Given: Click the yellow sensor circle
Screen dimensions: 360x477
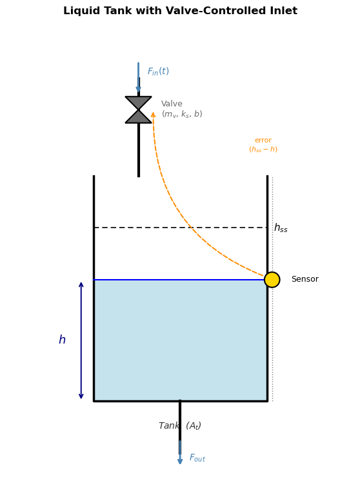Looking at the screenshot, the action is (272, 280).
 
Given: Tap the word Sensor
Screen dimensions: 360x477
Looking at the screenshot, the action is (305, 279).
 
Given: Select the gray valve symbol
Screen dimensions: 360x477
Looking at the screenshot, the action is (138, 110).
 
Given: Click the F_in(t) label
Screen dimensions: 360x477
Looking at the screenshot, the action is (158, 72).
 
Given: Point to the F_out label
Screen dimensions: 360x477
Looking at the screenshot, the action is (197, 458).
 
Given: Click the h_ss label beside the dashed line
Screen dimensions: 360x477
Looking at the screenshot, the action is (281, 228).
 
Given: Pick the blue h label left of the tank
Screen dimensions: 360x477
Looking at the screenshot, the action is (62, 340).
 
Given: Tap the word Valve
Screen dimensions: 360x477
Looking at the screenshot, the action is (172, 104).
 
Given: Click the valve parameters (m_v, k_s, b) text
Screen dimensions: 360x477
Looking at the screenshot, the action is (182, 114).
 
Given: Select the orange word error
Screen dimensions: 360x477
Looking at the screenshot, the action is (263, 141).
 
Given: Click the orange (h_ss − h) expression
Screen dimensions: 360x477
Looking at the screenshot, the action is (263, 150).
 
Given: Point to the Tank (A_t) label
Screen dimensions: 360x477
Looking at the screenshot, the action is (180, 425).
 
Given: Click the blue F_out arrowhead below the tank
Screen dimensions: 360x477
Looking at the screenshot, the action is (180, 460).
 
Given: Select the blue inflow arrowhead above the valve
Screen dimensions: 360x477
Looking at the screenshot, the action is (138, 89).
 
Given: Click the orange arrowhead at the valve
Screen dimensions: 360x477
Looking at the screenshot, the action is (153, 114).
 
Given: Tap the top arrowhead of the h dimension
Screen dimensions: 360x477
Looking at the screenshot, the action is (81, 285).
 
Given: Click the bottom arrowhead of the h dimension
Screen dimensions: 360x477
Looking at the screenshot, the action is (81, 396).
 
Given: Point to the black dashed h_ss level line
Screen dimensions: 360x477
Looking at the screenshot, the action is (181, 228).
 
